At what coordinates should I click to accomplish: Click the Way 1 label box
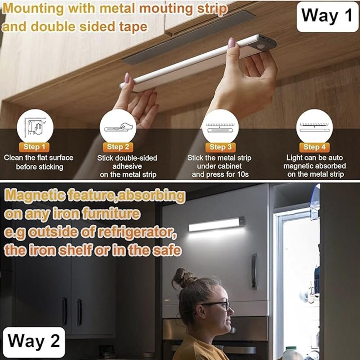click(x=327, y=17)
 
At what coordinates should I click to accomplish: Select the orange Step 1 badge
click(x=34, y=147)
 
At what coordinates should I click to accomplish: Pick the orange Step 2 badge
click(x=118, y=147)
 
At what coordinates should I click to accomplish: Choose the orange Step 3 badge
click(x=220, y=147)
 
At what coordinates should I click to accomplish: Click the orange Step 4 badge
click(x=314, y=147)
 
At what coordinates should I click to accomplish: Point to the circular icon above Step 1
click(x=35, y=127)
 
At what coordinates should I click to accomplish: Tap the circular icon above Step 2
click(x=118, y=127)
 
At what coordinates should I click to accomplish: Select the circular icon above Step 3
click(x=220, y=127)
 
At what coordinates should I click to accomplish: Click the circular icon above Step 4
click(x=314, y=127)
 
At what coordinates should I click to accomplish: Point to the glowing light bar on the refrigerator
click(x=216, y=224)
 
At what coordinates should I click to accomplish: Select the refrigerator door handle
click(x=254, y=271)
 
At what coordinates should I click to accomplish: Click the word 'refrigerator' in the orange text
click(x=137, y=233)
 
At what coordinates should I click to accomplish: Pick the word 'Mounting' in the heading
click(x=33, y=9)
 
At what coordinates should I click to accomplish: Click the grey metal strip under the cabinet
click(x=188, y=37)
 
